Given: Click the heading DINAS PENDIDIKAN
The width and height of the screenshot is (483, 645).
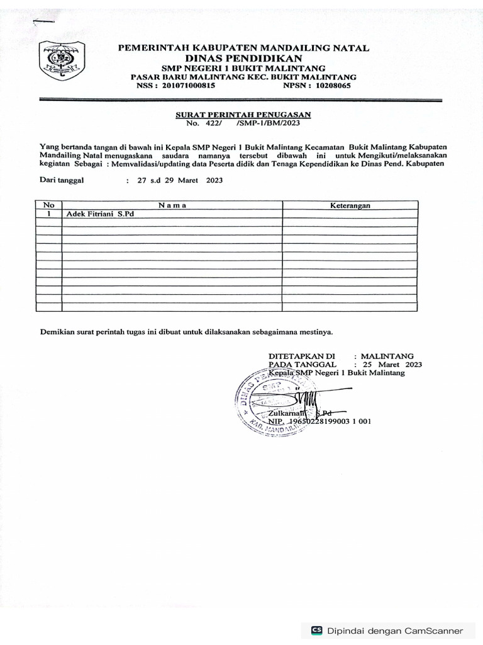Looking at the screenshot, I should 244,58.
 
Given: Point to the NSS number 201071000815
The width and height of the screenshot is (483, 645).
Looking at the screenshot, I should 189,86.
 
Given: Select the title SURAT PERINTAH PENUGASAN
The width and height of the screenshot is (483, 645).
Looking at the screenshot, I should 242,115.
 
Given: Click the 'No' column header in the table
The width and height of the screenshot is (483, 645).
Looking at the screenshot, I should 49,205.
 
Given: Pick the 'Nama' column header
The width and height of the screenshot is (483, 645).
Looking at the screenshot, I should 172,205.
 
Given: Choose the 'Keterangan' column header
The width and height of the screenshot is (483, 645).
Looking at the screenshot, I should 350,205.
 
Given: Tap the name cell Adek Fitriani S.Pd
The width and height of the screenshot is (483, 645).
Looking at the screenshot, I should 101,214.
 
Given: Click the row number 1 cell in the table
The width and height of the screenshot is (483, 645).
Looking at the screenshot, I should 49,214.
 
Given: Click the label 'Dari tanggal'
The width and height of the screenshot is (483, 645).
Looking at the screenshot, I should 61,180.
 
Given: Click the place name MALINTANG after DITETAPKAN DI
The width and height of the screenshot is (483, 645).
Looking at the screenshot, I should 387,356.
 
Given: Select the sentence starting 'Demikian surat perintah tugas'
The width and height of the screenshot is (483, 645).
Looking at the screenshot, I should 186,331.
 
